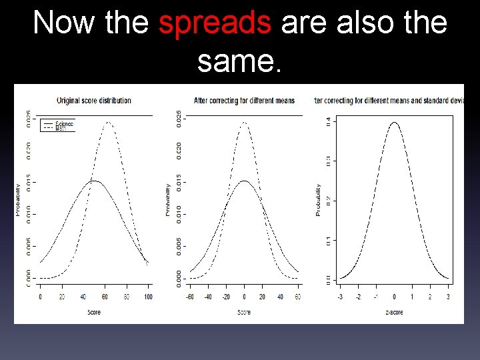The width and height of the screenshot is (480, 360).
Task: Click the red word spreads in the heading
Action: click(x=215, y=23)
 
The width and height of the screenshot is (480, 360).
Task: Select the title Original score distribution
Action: click(x=94, y=101)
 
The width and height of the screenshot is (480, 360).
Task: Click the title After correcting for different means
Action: click(x=244, y=101)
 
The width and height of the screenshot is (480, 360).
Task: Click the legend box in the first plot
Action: click(x=58, y=125)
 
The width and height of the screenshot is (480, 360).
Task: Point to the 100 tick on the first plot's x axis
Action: click(x=147, y=296)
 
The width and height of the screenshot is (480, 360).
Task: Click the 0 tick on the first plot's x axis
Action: click(x=40, y=296)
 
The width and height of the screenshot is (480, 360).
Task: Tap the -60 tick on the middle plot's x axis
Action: click(x=191, y=296)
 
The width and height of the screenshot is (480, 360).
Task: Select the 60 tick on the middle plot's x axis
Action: click(x=298, y=296)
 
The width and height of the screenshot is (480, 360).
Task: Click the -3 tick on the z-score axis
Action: click(x=341, y=296)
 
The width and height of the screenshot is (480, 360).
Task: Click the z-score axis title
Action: click(x=393, y=312)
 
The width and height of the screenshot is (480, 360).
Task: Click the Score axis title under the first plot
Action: click(x=94, y=312)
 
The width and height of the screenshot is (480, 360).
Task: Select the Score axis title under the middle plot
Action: click(x=244, y=312)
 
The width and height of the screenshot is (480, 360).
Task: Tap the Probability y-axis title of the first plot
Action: click(x=19, y=200)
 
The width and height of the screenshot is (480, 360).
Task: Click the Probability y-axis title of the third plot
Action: click(x=319, y=200)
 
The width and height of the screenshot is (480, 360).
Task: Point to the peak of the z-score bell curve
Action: click(x=395, y=123)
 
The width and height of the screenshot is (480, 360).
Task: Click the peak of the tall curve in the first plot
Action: click(x=108, y=123)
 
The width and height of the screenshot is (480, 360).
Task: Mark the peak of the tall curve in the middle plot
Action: click(x=245, y=123)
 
